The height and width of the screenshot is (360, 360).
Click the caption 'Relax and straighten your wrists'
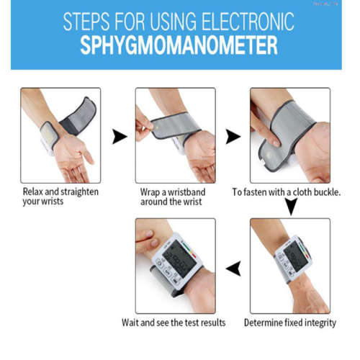pyautogui.click(x=60, y=197)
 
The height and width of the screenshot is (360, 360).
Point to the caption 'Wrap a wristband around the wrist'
pyautogui.click(x=177, y=197)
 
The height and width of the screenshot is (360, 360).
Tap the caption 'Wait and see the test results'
pyautogui.click(x=174, y=322)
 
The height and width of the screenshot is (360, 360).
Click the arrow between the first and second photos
pyautogui.click(x=120, y=136)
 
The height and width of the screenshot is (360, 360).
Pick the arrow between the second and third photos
pyautogui.click(x=233, y=136)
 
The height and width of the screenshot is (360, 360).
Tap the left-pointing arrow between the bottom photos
pyautogui.click(x=233, y=269)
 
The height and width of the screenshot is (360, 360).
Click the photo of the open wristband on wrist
pyautogui.click(x=60, y=135)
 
